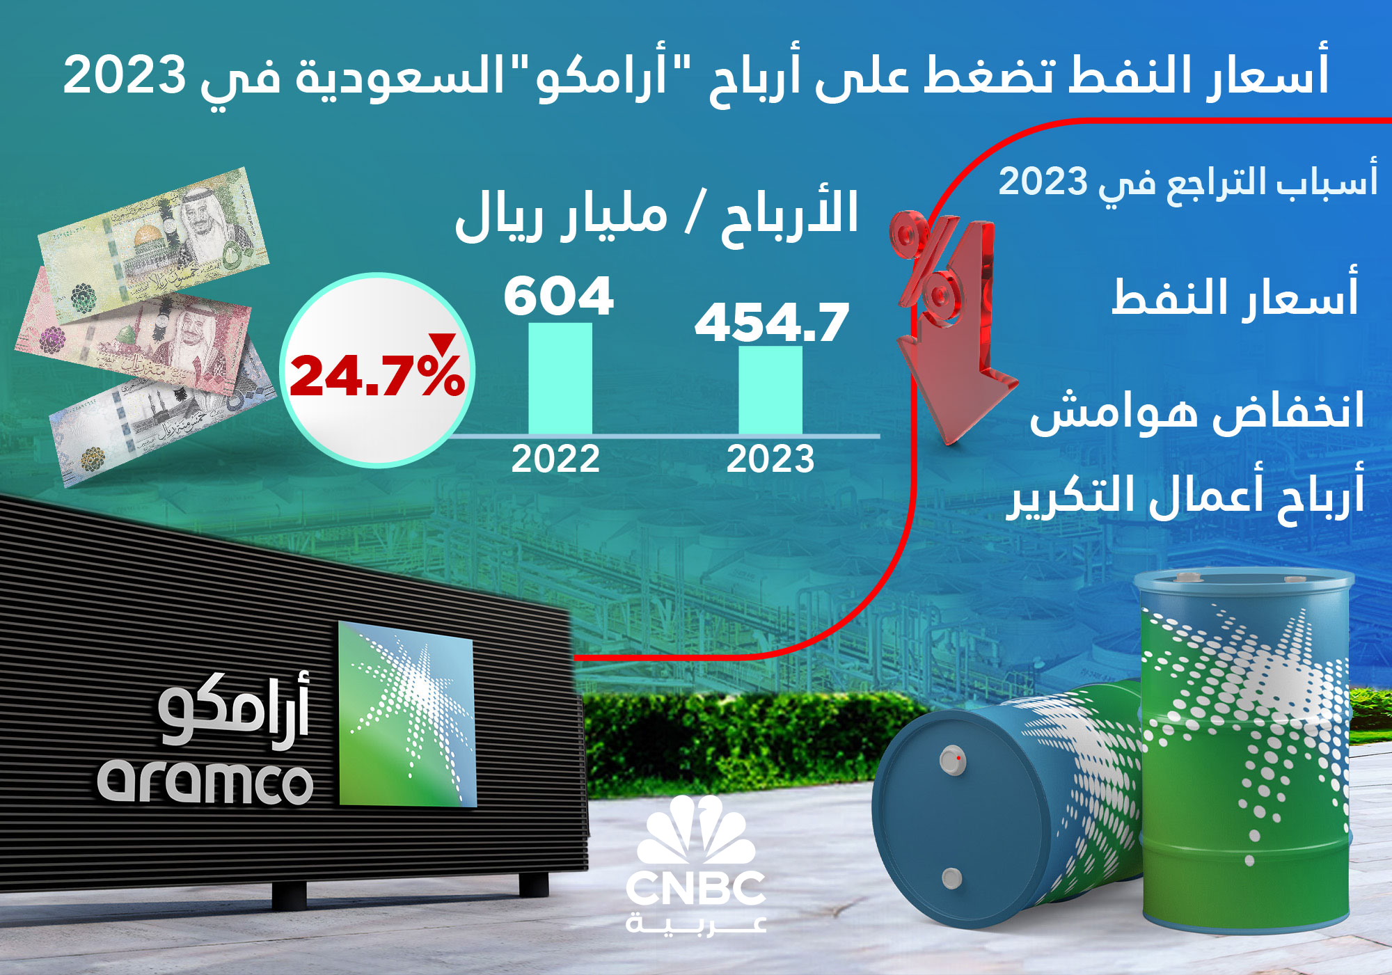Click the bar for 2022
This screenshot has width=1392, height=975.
(x=560, y=379)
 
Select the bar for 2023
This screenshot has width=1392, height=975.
(x=770, y=390)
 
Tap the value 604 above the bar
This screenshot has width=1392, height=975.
(x=559, y=296)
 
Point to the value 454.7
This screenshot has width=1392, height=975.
(x=772, y=323)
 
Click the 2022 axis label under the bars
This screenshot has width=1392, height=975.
(x=555, y=459)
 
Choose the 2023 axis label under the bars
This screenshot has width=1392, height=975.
(x=770, y=459)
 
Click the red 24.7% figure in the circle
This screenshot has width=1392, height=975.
(x=377, y=375)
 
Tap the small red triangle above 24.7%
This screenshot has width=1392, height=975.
(x=442, y=343)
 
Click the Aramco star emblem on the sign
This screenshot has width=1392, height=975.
(x=407, y=713)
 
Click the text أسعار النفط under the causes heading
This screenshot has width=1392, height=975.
(x=1234, y=296)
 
